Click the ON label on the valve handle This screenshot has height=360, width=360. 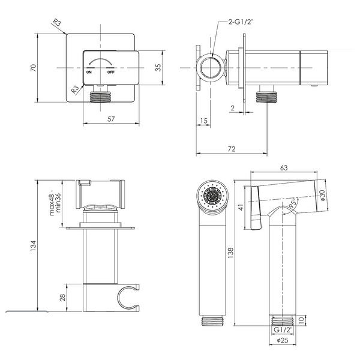(x=89, y=72)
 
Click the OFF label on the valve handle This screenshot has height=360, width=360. (x=110, y=72)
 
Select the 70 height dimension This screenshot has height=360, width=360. (x=34, y=68)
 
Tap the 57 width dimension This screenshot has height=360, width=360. (x=111, y=119)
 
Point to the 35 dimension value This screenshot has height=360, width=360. (x=158, y=67)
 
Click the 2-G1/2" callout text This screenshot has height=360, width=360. (x=241, y=22)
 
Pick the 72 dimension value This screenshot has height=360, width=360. (x=232, y=149)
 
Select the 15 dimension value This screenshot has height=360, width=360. (x=203, y=121)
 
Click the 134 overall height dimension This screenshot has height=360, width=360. (x=34, y=245)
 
